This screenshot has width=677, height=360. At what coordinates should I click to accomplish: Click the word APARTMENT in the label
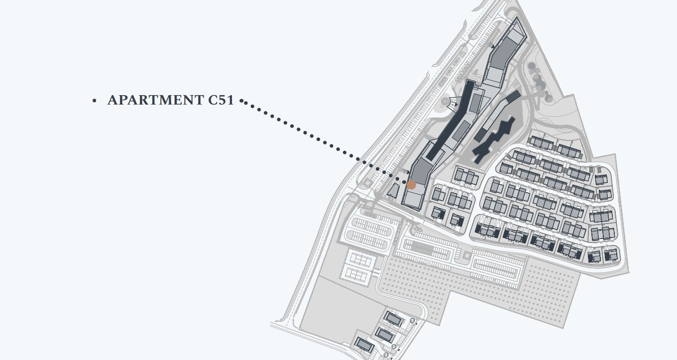click(156, 100)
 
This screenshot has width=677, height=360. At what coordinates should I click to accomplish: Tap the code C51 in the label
click(221, 100)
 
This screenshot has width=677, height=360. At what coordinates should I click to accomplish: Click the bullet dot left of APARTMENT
click(94, 101)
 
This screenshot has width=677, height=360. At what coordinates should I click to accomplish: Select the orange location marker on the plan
click(411, 185)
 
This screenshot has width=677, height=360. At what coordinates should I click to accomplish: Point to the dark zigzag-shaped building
click(493, 139)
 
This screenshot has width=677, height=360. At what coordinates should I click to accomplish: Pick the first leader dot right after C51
click(241, 101)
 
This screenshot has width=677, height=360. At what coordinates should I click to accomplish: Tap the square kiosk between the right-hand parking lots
click(467, 254)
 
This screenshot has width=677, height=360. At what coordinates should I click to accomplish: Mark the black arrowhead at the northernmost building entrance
click(493, 46)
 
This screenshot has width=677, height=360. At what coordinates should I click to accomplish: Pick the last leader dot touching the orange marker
click(405, 182)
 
